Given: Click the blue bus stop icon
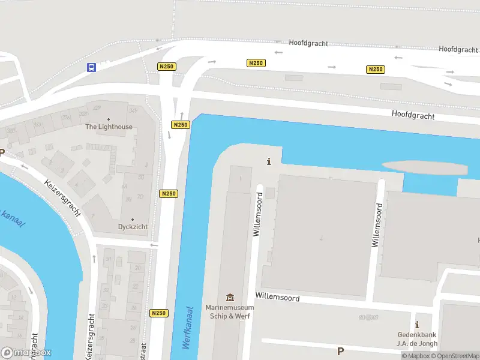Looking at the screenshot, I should [x=92, y=67].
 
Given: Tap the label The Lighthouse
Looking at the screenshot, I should [x=109, y=127].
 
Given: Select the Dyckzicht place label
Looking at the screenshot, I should [x=133, y=227].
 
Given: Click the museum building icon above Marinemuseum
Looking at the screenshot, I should [x=230, y=298].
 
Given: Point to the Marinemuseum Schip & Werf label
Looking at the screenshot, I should [x=230, y=312].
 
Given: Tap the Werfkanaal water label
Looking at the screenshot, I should [x=187, y=328].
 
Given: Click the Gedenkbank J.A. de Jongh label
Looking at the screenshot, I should [x=417, y=339].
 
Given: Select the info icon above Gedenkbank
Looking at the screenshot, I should [x=417, y=325].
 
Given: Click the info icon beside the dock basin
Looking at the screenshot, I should [x=269, y=161].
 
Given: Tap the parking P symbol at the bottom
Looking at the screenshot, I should [x=340, y=352].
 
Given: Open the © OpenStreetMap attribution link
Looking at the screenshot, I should [x=454, y=356].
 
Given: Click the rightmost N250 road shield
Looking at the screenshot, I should [x=375, y=70].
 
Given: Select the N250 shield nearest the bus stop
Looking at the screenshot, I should [x=167, y=67].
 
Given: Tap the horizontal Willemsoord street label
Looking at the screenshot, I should [x=277, y=296].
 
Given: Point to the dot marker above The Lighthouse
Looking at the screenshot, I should [x=109, y=119].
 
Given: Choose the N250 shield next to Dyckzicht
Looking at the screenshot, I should [x=169, y=194].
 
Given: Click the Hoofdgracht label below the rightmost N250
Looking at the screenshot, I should [x=413, y=114].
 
